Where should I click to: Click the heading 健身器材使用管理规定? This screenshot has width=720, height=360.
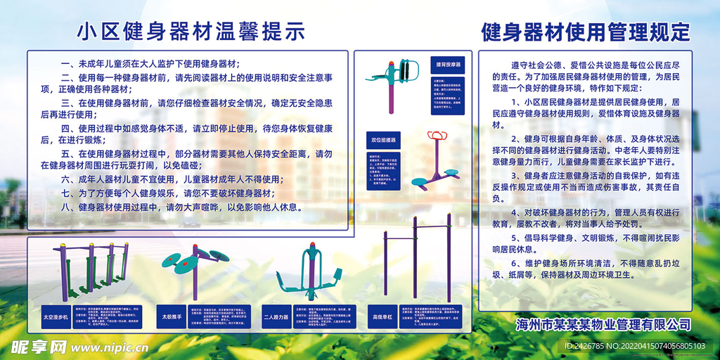(x=586, y=32)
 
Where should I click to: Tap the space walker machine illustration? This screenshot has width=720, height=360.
(x=90, y=271)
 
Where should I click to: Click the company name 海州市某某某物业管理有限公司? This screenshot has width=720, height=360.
(x=603, y=325)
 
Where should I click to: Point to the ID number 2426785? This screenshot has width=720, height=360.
(x=592, y=347)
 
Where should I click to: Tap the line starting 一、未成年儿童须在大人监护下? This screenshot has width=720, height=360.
(x=151, y=63)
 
